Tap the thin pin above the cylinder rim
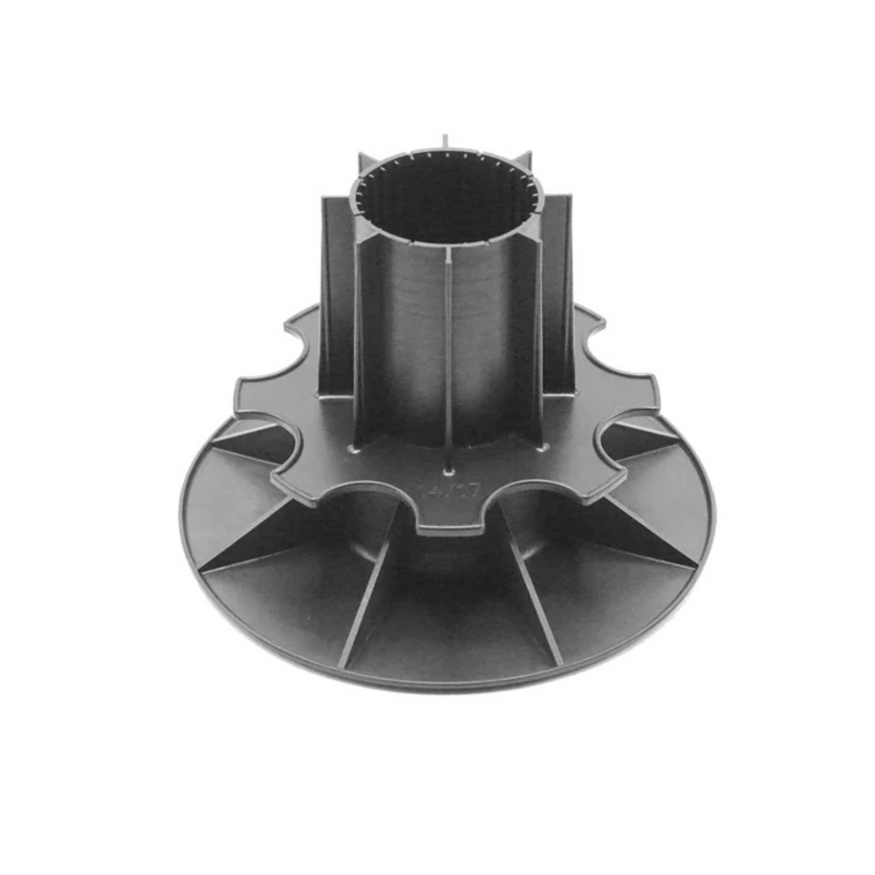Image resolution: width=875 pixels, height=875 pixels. pos(445,139)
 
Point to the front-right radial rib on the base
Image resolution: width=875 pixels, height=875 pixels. pos(533,593)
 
